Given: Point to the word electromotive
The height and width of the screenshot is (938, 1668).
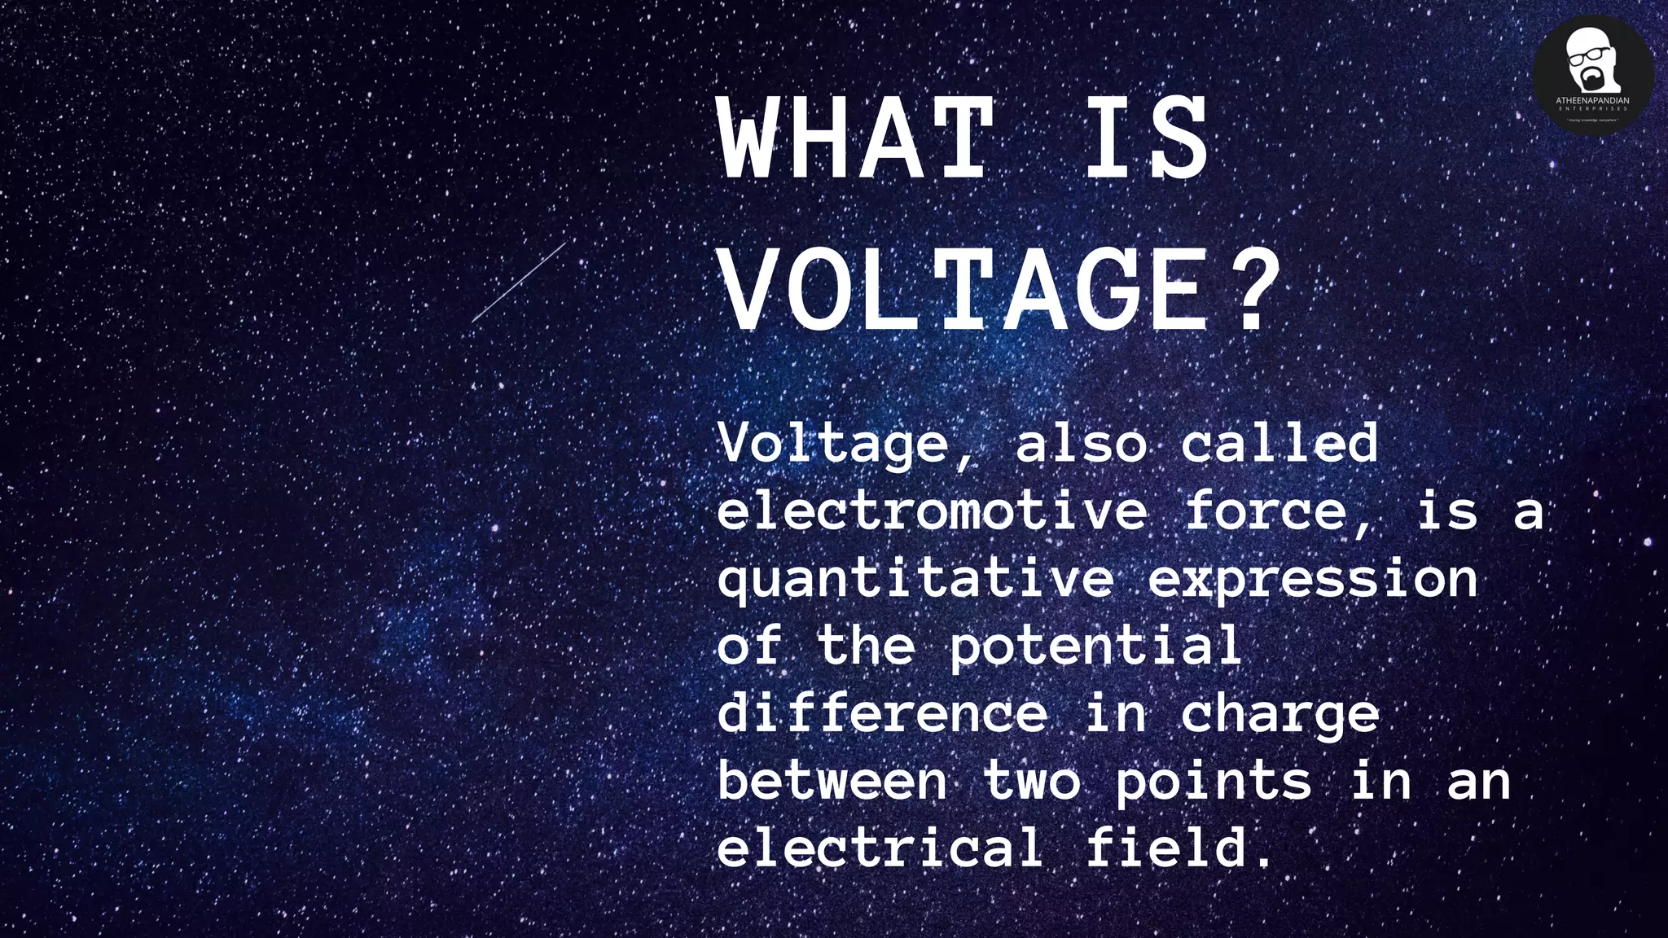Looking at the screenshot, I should pos(932,511).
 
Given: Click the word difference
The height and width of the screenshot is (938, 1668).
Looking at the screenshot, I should pos(883,714).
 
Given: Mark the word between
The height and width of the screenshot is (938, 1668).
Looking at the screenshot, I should pos(832,782).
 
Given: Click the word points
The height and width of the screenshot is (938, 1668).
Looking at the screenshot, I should pos(1214,782).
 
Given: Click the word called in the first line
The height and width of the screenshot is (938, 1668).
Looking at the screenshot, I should pos(1280,444).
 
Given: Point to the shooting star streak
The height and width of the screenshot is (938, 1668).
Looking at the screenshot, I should pos(519,283).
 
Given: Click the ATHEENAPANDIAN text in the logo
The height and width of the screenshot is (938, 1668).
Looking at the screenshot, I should pos(1592,101).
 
